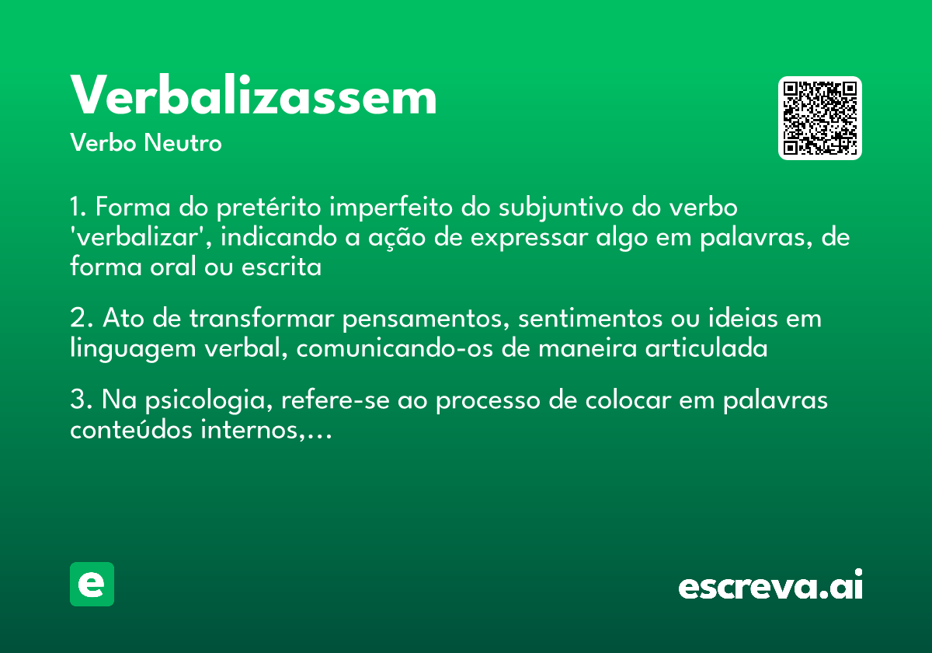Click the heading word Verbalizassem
click(x=253, y=98)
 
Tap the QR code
click(x=820, y=118)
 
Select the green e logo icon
click(x=92, y=584)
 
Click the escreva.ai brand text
click(x=770, y=585)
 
